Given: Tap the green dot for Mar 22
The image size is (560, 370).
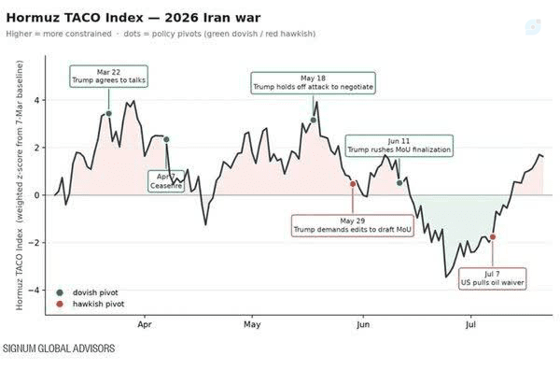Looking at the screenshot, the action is [x=109, y=114].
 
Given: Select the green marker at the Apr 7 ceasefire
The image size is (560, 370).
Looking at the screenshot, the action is [x=166, y=139].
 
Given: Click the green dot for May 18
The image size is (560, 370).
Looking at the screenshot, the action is [x=314, y=121].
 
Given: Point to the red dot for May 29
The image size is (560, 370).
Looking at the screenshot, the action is [x=353, y=184].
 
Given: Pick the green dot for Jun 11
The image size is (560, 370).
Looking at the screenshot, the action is [x=399, y=183].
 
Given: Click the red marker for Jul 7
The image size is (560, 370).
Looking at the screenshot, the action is [x=493, y=236].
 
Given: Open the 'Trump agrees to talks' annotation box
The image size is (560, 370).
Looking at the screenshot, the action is [x=108, y=76].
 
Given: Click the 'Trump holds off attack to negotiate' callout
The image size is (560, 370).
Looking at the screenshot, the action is [x=314, y=83].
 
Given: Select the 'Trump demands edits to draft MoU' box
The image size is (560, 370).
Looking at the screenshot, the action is [x=353, y=225].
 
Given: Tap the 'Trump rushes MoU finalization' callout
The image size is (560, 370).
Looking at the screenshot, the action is [x=399, y=146].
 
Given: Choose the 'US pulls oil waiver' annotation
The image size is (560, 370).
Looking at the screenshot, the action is [x=492, y=278].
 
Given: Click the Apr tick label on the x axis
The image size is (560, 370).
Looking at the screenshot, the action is [x=145, y=324].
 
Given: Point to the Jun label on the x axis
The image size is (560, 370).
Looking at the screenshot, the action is [x=363, y=324].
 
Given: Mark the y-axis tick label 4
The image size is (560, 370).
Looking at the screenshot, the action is [x=37, y=100].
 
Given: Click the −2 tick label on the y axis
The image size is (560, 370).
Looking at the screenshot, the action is [x=35, y=243].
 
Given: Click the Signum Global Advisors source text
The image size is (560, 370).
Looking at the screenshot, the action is [x=59, y=349].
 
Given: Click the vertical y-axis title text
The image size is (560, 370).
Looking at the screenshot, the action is [x=20, y=185].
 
